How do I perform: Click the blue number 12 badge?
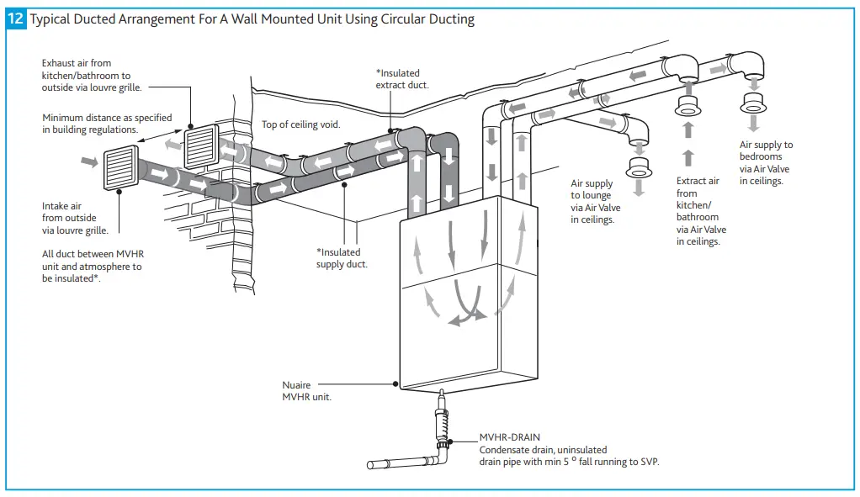coord(16,19)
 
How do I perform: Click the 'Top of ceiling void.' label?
coord(300,124)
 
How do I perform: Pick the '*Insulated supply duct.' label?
coord(342,258)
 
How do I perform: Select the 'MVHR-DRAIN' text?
coord(509,437)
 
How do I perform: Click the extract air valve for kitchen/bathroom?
coord(689,108)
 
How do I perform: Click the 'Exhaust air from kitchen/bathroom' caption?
coord(92,75)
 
